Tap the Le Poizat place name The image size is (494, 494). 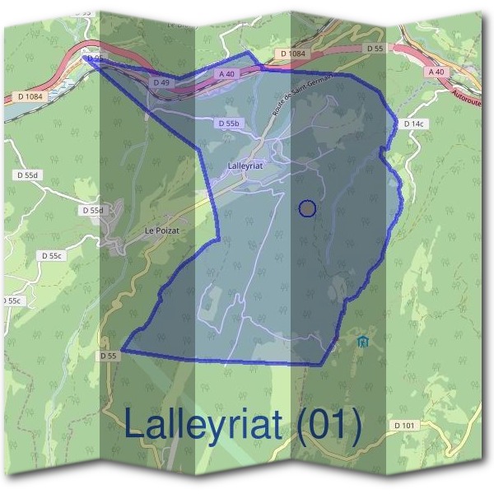161,231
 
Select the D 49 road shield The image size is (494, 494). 161,83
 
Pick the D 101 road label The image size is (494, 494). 406,425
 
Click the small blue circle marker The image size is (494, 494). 307,208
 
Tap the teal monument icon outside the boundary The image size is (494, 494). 363,339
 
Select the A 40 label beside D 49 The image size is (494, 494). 227,73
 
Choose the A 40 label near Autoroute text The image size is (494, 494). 436,72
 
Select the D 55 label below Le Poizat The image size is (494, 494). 109,356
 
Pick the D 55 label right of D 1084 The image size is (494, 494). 374,49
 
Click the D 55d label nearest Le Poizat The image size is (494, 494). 93,211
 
